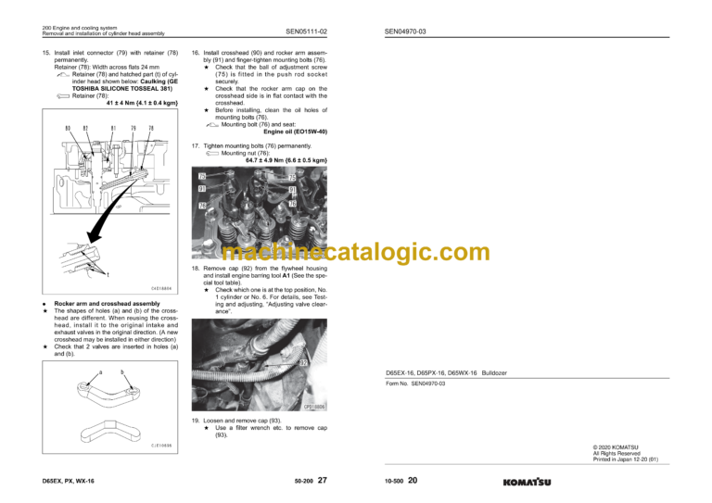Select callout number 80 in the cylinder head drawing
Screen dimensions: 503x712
point(68,128)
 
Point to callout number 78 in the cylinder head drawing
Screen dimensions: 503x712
point(151,128)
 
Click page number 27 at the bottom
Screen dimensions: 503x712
point(322,480)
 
